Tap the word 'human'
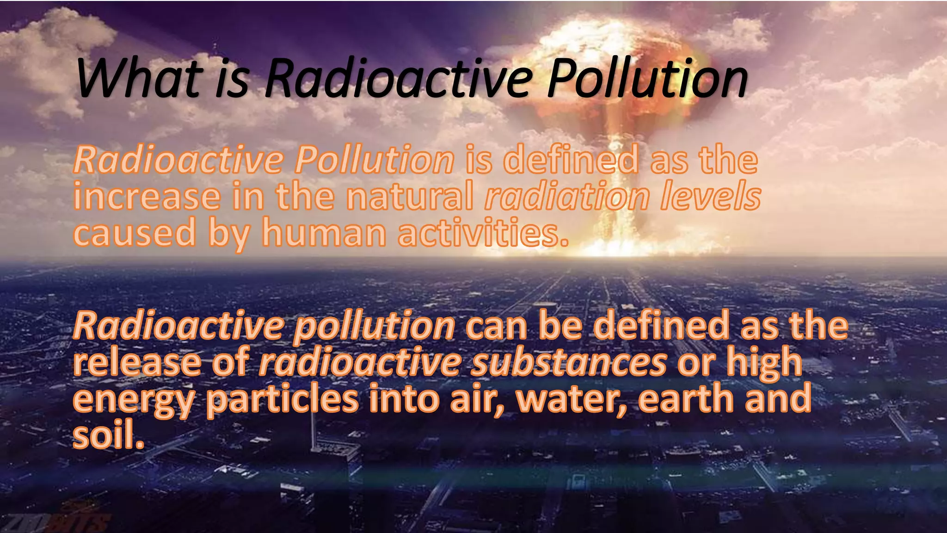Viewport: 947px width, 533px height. point(324,232)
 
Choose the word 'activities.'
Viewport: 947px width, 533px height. point(483,232)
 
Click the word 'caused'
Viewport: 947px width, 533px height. point(135,232)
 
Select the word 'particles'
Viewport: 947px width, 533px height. point(282,399)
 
